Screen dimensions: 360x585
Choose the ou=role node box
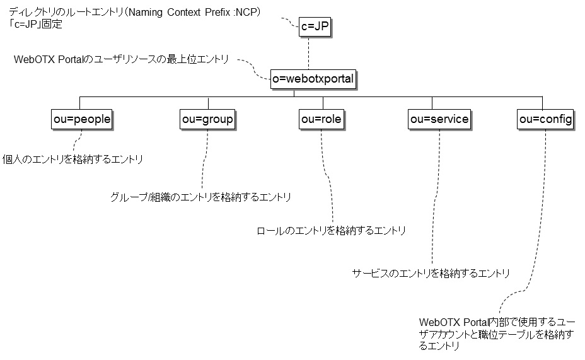(x=321, y=119)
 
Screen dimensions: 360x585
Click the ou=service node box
(x=439, y=119)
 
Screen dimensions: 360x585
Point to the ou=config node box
(x=545, y=119)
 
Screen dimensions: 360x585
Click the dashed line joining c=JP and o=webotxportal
(x=309, y=53)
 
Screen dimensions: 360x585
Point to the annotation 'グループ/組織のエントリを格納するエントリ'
(x=200, y=197)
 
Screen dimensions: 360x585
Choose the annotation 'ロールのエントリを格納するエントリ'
(x=331, y=231)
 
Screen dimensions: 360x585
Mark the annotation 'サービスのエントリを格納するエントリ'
(x=431, y=273)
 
